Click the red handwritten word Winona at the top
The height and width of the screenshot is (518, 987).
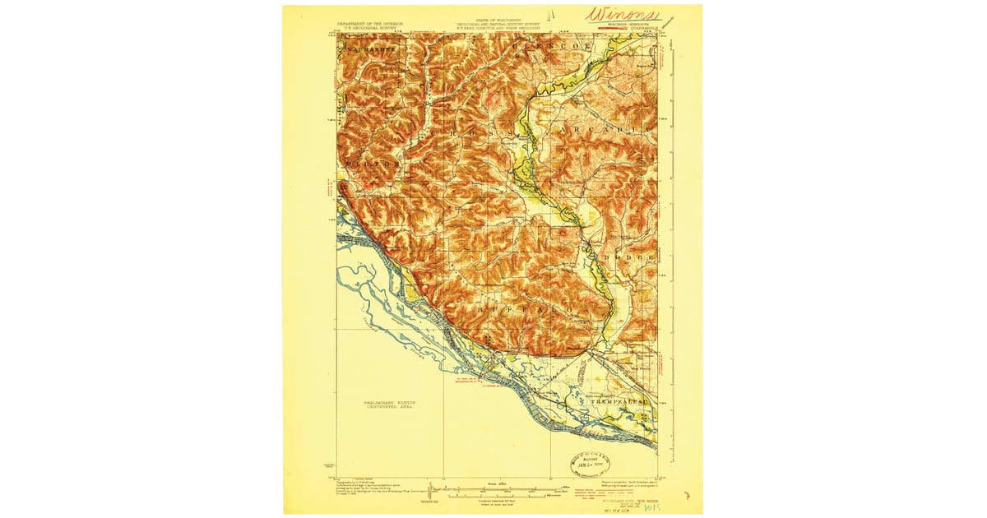[x=622, y=15]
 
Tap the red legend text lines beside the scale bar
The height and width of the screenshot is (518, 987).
[x=592, y=492]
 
